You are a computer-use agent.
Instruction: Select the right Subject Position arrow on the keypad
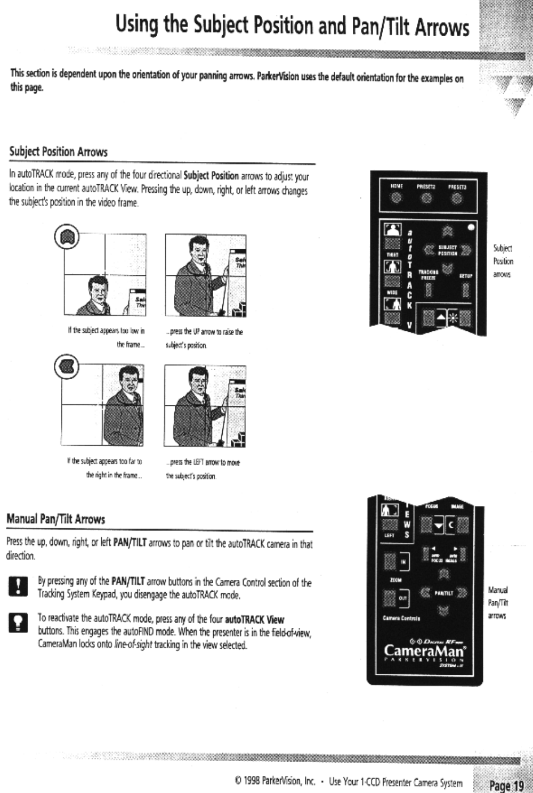click(x=465, y=250)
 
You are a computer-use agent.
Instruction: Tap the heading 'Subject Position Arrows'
click(x=58, y=152)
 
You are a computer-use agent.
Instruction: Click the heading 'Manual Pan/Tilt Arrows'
click(x=55, y=519)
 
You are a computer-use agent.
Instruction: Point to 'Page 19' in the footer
click(x=506, y=785)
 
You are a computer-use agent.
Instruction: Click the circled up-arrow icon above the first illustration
click(x=66, y=236)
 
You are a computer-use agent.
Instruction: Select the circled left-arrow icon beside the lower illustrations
click(x=66, y=366)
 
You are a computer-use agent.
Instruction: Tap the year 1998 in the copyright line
click(x=252, y=782)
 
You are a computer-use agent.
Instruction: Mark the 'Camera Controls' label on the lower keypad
click(x=401, y=618)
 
